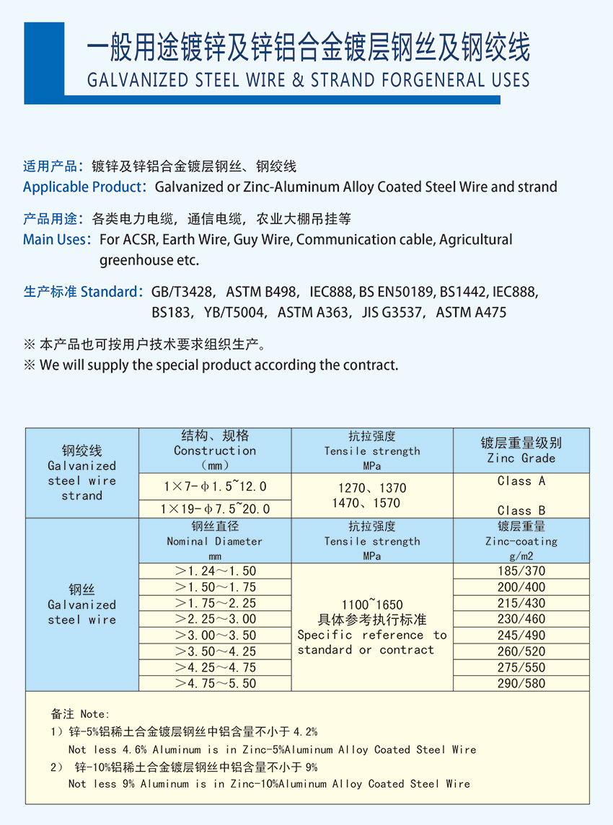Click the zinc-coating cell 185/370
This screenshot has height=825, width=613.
pos(521,571)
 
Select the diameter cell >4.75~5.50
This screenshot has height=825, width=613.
pos(216,683)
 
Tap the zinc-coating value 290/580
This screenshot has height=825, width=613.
pos(521,683)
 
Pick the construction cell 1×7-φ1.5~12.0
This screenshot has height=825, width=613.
pos(215,486)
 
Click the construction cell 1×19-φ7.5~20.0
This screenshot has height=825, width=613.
pos(215,509)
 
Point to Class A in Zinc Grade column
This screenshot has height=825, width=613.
pos(521,481)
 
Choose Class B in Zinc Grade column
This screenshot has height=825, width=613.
pos(521,510)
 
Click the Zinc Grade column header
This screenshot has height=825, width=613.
pos(521,450)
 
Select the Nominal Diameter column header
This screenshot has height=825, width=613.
pos(215,541)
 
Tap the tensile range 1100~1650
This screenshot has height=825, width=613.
pos(372,605)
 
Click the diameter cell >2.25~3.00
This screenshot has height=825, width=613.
pos(216,619)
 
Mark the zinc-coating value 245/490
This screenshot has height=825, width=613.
pos(521,635)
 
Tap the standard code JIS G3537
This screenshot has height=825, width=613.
pos(383,312)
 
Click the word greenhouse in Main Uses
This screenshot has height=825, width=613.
pos(135,260)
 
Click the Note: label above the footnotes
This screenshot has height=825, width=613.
pos(94,714)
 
